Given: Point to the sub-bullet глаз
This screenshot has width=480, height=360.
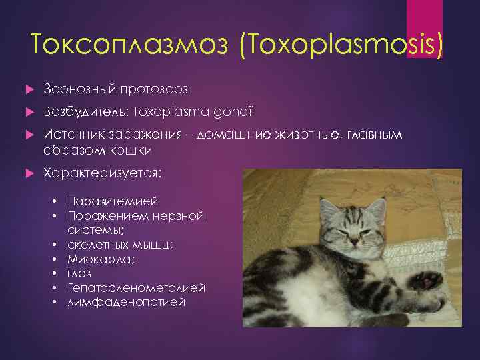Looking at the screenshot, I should tap(79, 273).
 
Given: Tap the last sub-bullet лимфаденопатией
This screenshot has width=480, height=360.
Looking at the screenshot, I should tap(126, 301).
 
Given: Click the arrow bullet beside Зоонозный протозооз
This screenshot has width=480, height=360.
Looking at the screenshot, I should tap(28, 89).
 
